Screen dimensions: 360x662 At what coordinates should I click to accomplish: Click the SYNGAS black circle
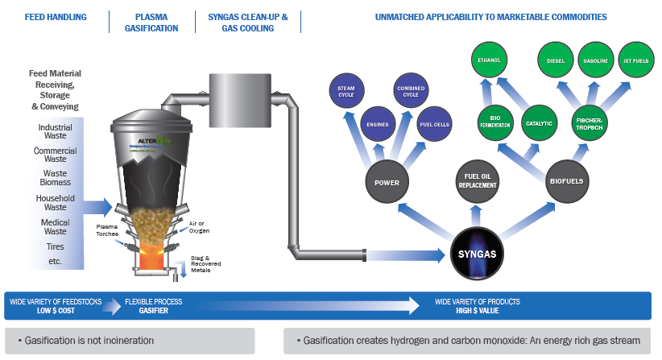click(481, 255)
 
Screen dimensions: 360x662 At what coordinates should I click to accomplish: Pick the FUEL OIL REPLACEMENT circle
click(478, 181)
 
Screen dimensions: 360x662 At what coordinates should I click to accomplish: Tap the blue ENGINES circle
click(378, 124)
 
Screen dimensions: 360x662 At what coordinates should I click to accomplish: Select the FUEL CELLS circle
click(434, 124)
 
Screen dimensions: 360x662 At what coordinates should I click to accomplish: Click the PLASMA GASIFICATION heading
click(151, 22)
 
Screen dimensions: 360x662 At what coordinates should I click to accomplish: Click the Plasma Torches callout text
click(107, 230)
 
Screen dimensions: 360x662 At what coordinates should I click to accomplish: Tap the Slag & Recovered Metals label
click(209, 263)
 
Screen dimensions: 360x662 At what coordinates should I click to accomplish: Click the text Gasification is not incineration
click(89, 341)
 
